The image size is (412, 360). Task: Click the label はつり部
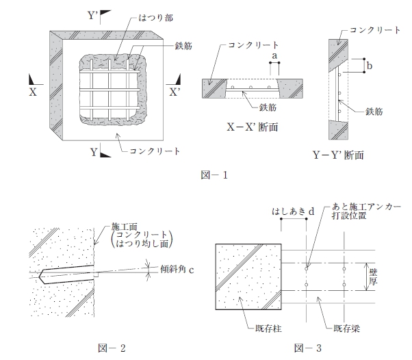tap(155, 18)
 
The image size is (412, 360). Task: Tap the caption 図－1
tap(214, 175)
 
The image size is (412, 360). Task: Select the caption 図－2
tap(112, 348)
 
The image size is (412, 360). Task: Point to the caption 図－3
tap(308, 348)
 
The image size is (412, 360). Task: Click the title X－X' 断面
tap(253, 127)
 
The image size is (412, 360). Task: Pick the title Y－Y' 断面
tap(338, 155)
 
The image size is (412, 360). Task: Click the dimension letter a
tap(274, 56)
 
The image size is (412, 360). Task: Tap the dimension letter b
tap(370, 66)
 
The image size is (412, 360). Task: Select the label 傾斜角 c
tap(177, 270)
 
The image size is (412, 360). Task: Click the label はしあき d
tap(293, 211)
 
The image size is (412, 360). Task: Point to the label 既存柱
tap(268, 329)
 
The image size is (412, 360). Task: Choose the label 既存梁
tap(346, 329)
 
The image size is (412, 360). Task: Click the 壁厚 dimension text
tap(373, 277)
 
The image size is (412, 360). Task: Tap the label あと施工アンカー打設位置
tap(366, 211)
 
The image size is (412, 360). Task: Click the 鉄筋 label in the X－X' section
tap(268, 107)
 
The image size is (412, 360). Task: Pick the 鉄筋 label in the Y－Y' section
tap(374, 112)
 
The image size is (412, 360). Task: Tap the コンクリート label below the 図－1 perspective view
tap(155, 151)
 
